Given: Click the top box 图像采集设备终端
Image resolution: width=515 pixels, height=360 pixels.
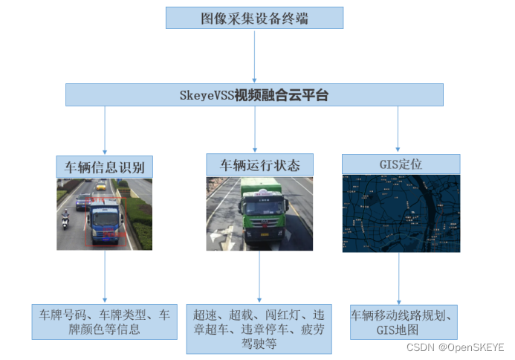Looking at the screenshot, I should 254,18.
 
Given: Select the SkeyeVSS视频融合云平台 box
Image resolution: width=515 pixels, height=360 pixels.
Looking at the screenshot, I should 254,94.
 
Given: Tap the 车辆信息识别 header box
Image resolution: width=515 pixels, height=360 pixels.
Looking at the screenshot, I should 105,166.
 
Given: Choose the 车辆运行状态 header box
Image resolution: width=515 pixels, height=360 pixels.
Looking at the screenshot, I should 259,164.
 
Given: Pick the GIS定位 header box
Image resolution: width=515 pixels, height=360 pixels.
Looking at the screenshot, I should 401,164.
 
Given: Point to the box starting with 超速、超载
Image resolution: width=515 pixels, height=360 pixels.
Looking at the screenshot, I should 258,329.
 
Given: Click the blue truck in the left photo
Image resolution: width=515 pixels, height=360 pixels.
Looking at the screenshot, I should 104,219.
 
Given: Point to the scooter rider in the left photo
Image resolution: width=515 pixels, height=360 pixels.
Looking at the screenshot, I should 65,219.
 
